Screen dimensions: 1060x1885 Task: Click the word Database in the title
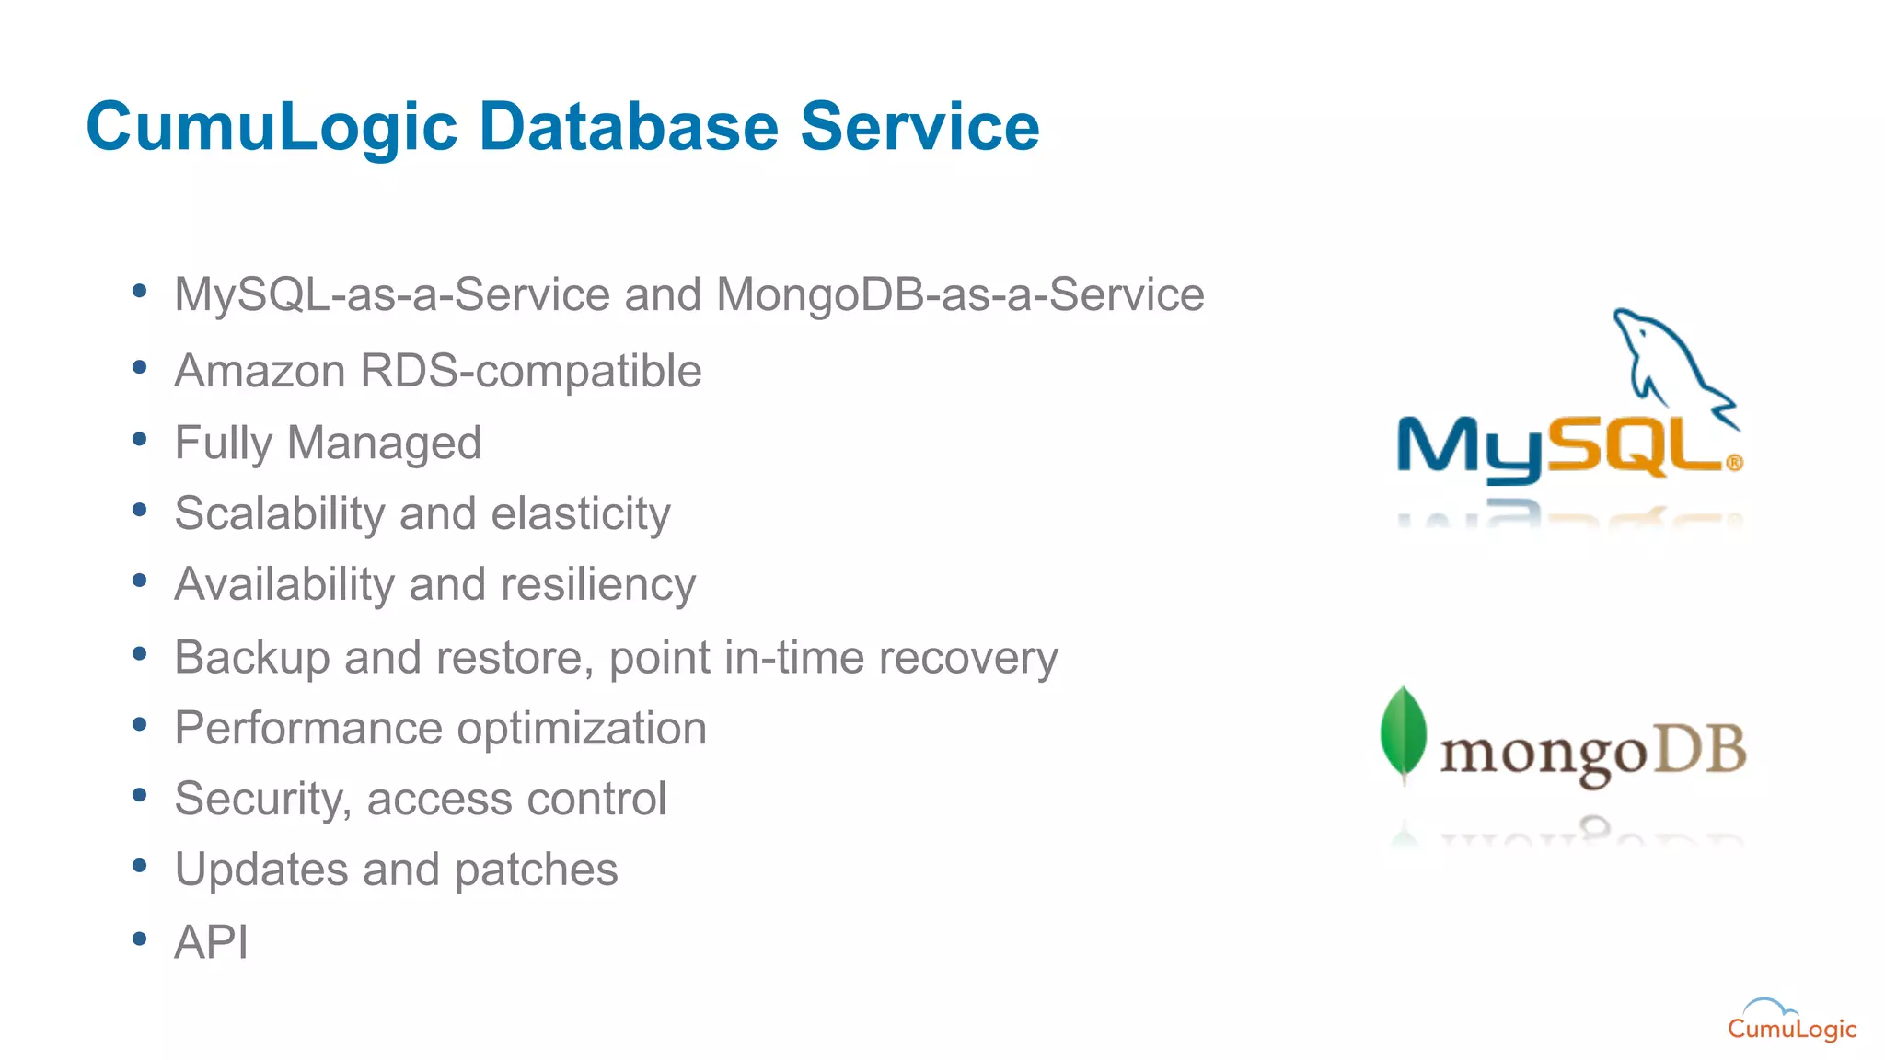[x=629, y=126]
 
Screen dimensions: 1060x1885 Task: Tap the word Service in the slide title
[x=919, y=126]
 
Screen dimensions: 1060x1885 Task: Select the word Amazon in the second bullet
[x=260, y=371]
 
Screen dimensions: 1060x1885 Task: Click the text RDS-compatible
[x=531, y=372]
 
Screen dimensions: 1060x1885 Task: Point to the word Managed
[x=384, y=443]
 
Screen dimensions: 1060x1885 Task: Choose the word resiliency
[x=598, y=585]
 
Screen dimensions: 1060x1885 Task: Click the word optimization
[x=582, y=729]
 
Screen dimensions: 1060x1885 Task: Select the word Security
[x=262, y=799]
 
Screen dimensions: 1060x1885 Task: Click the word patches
[x=536, y=870]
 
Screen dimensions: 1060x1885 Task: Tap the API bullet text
[x=211, y=941]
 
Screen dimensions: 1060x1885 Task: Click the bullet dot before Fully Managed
[x=139, y=440]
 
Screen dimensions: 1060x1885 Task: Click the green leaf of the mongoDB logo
[x=1403, y=732]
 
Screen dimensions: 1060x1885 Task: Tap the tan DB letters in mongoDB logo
[x=1701, y=749]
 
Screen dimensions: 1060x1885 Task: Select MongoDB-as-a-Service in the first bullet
[x=960, y=295]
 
